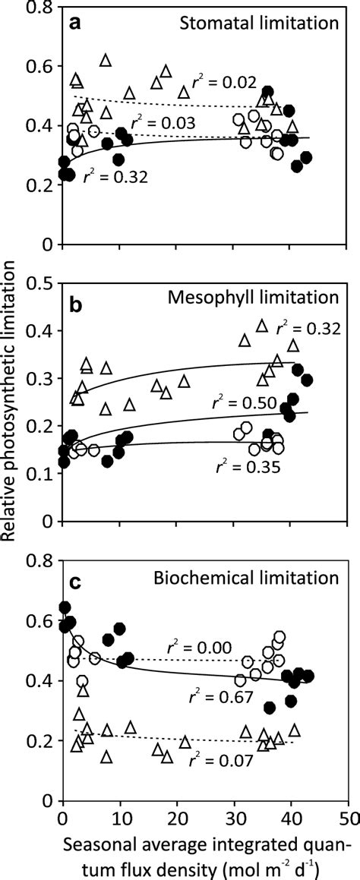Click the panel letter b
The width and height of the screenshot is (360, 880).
tap(77, 307)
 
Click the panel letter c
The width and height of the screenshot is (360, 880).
tap(77, 585)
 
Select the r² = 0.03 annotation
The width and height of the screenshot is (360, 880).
tap(164, 122)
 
